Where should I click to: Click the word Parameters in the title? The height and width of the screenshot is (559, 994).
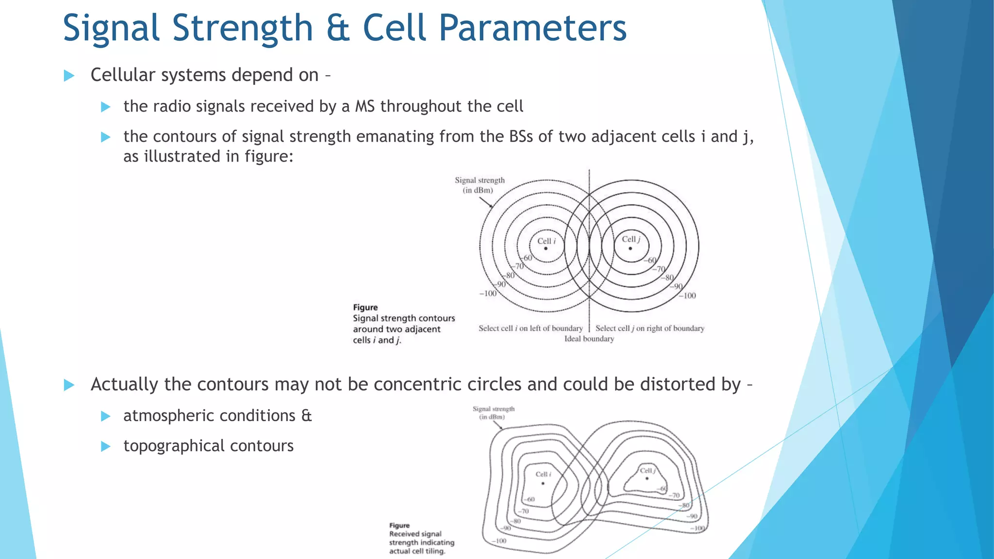[x=532, y=28]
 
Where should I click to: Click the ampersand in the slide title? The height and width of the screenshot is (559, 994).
[x=338, y=28]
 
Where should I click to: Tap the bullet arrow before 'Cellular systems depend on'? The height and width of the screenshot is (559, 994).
[x=69, y=76]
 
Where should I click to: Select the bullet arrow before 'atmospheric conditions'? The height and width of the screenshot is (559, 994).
[x=105, y=416]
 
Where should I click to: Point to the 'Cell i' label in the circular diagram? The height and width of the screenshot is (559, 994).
[x=546, y=241]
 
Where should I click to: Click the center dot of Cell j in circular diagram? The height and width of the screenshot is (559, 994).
[x=630, y=248]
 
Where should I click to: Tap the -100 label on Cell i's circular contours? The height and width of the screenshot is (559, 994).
[x=488, y=294]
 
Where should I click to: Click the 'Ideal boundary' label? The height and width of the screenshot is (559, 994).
[x=589, y=339]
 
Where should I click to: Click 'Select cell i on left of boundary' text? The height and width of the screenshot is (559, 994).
[x=530, y=329]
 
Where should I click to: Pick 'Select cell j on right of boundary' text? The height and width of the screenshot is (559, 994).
[x=649, y=329]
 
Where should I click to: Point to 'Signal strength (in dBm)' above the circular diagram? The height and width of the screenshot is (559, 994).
[x=479, y=185]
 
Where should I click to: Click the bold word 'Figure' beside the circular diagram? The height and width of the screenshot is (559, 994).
[x=365, y=307]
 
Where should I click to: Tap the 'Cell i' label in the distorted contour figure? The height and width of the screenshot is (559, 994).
[x=543, y=474]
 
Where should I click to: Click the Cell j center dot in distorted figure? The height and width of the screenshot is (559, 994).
[x=647, y=478]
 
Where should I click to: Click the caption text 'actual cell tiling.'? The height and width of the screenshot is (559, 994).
[x=417, y=551]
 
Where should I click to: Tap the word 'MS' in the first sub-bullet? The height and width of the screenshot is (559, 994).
[x=364, y=106]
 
